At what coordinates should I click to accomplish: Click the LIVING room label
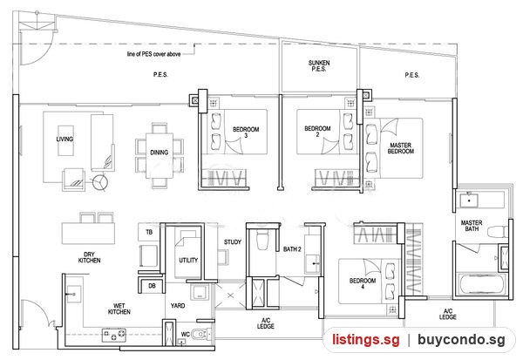point(65,139)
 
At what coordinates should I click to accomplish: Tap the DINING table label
point(160,153)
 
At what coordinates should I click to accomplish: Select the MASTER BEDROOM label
point(401,148)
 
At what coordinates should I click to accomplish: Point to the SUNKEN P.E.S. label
point(319,65)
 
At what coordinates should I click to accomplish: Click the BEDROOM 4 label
point(363,283)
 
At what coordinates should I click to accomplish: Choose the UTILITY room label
point(188,260)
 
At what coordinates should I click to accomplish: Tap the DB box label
point(152,286)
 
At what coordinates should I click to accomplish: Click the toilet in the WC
point(201,333)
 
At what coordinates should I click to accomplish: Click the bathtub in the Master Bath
point(480,284)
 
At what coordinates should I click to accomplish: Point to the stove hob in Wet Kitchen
point(114,336)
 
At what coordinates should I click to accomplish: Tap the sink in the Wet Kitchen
point(74,295)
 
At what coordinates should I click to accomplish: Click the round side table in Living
point(100,182)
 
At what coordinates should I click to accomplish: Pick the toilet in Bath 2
point(262,240)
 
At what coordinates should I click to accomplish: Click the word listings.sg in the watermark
point(366,340)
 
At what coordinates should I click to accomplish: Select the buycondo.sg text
point(461,340)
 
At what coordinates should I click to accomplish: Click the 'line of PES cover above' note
point(153,54)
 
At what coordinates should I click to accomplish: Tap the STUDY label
point(233,242)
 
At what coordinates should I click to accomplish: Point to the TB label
point(149,232)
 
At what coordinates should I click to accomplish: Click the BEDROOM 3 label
point(246,132)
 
